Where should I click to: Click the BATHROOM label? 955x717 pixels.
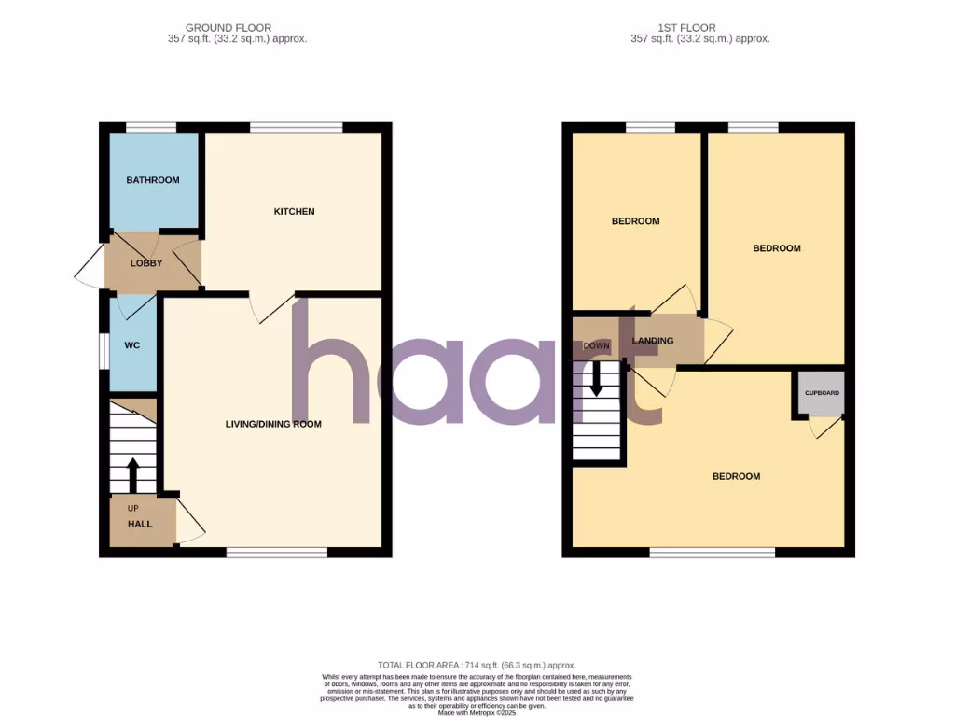[153, 180]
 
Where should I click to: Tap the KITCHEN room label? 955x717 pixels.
[294, 212]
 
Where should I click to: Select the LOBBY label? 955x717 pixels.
[146, 263]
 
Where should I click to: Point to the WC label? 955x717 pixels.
[132, 345]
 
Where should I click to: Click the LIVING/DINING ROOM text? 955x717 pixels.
[273, 424]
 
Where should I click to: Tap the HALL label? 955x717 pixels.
[140, 525]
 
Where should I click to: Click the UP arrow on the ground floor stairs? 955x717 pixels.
[132, 473]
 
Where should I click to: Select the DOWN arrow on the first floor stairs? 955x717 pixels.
[597, 377]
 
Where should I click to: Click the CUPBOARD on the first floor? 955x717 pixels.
[822, 394]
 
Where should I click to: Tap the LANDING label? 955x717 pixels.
[653, 341]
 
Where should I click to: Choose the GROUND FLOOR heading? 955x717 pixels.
[228, 28]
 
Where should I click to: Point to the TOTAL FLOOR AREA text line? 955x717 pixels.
[477, 661]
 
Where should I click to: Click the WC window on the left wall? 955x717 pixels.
[104, 345]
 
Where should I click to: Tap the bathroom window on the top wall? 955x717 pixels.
[151, 127]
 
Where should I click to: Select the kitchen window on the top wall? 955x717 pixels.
[296, 127]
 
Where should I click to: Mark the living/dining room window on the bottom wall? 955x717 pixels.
[276, 553]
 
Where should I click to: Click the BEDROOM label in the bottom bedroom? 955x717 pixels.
[736, 477]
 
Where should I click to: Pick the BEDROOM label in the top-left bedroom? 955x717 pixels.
[635, 221]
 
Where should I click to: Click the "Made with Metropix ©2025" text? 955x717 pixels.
[477, 713]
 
